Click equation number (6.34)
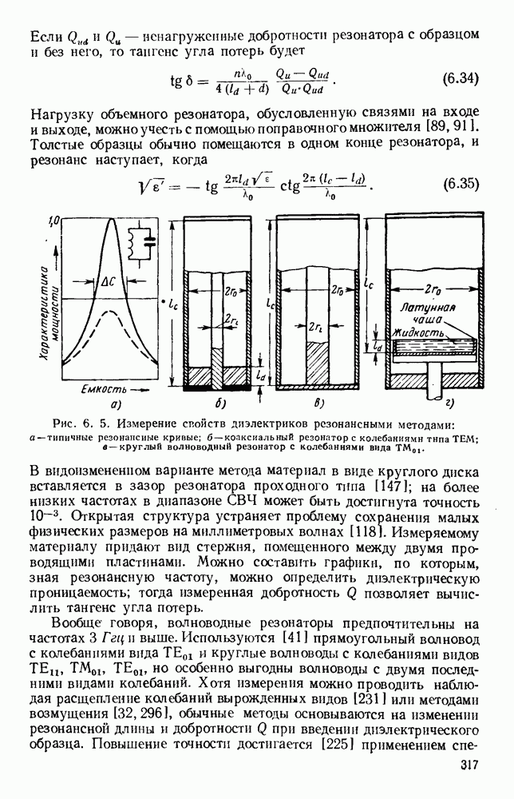pyautogui.click(x=460, y=79)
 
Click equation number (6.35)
pyautogui.click(x=460, y=183)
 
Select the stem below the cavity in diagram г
pyautogui.click(x=436, y=383)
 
